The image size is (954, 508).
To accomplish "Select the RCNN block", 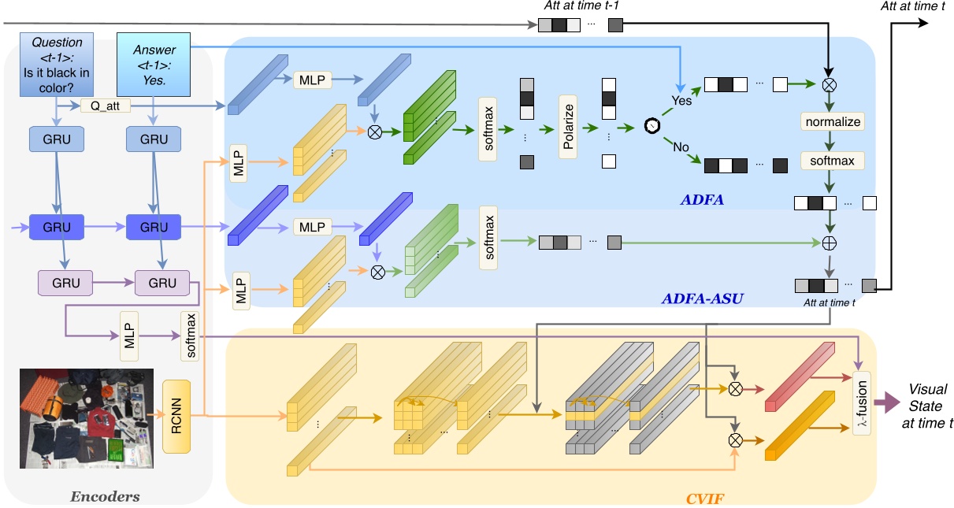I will pos(176,417).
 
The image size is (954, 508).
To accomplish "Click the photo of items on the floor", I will pos(83,417).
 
